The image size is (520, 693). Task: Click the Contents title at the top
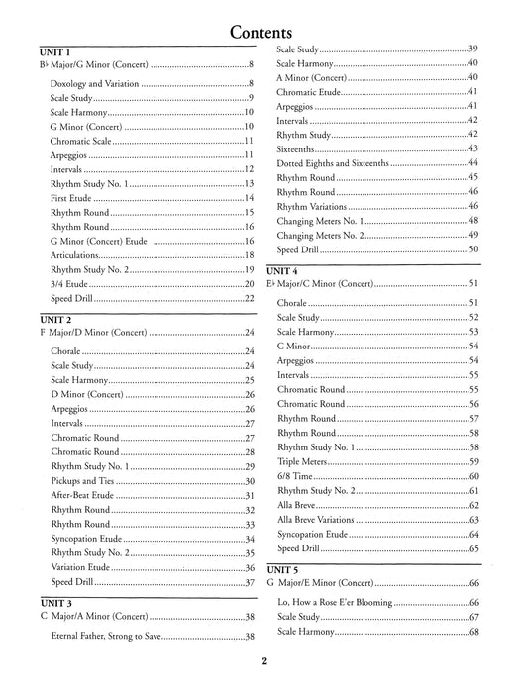click(x=260, y=31)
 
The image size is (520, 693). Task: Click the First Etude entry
click(x=71, y=198)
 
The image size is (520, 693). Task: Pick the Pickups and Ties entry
click(x=84, y=481)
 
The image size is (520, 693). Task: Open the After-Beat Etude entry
click(x=86, y=495)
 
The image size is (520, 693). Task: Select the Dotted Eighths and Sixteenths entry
click(x=339, y=162)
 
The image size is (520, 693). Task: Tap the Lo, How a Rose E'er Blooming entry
click(x=337, y=602)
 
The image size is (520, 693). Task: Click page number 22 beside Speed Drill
click(x=251, y=298)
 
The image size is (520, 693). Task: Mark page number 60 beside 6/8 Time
click(x=474, y=476)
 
